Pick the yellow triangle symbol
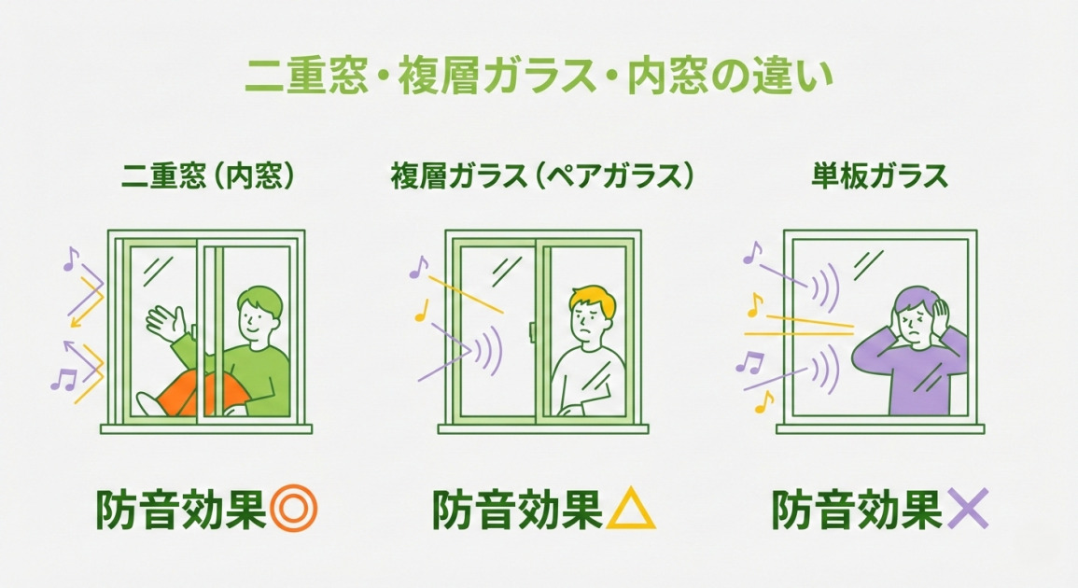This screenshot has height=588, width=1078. pos(632,511)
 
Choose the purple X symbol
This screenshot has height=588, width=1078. pos(967,511)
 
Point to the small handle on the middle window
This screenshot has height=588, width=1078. pos(532,331)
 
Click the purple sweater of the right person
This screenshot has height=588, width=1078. pos(910,378)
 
